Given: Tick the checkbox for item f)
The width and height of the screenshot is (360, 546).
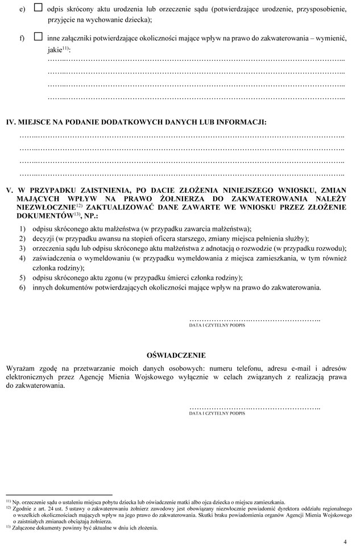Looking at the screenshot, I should click(x=38, y=36).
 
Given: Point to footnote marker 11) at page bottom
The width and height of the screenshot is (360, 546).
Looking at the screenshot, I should click(x=9, y=501).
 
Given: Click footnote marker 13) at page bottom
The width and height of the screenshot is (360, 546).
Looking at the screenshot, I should click(x=9, y=526).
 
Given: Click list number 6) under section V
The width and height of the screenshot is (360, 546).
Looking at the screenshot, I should click(x=22, y=287).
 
